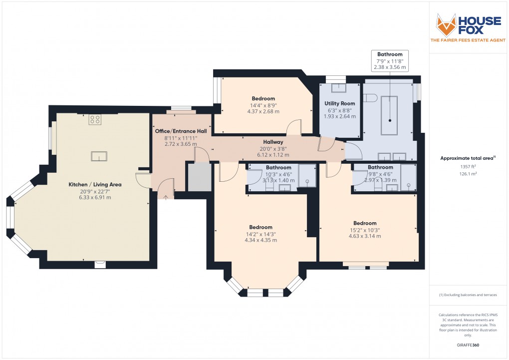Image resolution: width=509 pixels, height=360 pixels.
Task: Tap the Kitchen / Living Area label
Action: click(95, 184)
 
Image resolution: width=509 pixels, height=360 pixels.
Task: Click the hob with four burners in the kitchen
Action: click(95, 119)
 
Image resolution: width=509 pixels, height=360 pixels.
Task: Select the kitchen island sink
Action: click(99, 156)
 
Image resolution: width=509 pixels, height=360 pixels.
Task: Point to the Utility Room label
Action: click(340, 103)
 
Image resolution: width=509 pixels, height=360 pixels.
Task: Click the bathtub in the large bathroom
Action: click(389, 116)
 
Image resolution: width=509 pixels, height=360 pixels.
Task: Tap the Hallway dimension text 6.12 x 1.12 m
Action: click(273, 155)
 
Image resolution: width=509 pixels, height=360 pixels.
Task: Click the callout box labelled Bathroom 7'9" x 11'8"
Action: click(390, 60)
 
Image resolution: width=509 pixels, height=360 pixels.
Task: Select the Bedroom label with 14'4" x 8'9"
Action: click(263, 98)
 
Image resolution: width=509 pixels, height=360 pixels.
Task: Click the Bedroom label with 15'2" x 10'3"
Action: click(365, 223)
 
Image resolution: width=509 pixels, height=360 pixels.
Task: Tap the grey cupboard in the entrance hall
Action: click(197, 176)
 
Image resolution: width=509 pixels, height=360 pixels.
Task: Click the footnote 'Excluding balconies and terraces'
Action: click(468, 295)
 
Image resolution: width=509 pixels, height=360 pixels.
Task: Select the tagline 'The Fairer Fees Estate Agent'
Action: click(468, 40)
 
